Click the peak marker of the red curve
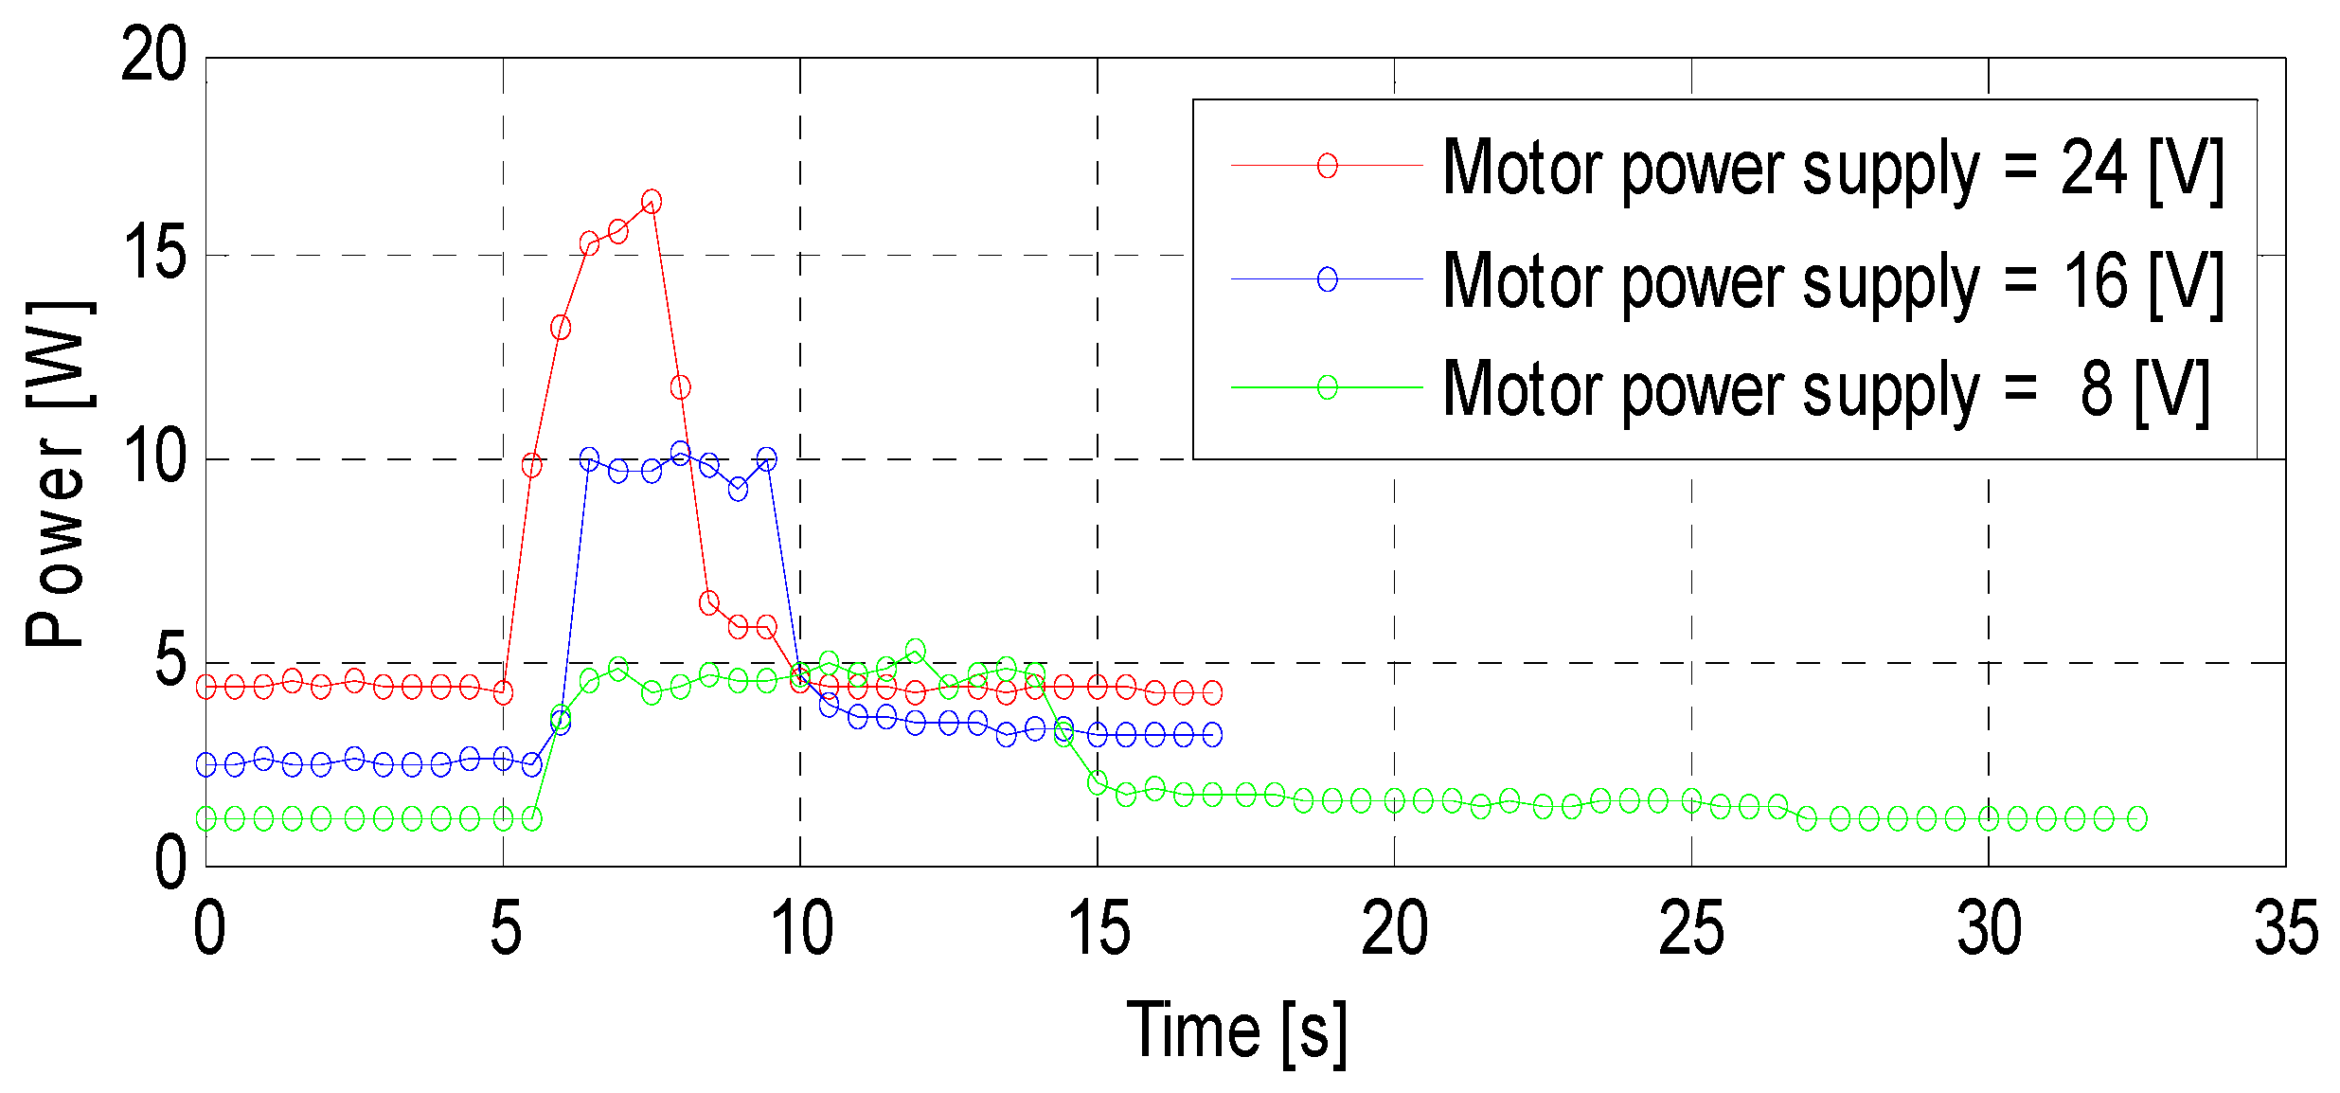point(652,202)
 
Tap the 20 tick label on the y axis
point(154,55)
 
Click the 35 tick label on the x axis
point(2286,929)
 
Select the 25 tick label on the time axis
point(1691,929)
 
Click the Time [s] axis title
point(1236,1031)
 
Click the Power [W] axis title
point(57,474)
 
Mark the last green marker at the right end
point(2136,818)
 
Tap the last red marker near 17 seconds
point(1212,693)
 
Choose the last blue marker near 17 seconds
point(1212,734)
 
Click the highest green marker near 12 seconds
point(915,651)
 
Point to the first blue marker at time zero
point(206,764)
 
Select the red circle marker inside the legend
point(1328,166)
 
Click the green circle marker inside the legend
point(1328,387)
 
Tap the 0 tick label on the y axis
point(170,864)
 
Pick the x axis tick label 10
point(801,929)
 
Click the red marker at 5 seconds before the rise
point(503,693)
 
